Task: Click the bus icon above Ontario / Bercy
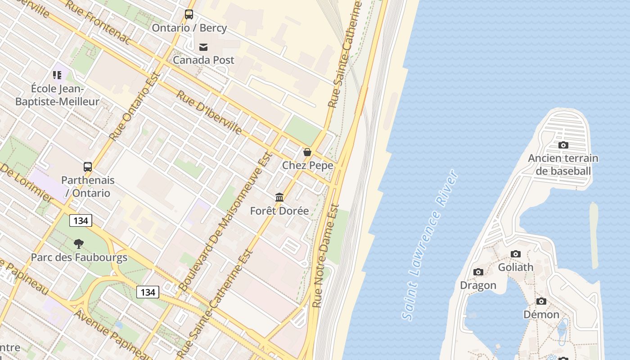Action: coord(189,14)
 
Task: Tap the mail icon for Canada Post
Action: coord(203,47)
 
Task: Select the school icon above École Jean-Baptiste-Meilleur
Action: coord(57,75)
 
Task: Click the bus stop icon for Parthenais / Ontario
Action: coord(88,167)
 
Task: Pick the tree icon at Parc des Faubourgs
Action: coord(79,244)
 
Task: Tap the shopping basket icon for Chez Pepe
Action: coord(307,152)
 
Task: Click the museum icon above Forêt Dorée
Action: coord(279,198)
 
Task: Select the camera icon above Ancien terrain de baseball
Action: coord(563,145)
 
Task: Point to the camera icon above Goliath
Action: coord(516,254)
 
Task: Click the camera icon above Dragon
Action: coord(478,272)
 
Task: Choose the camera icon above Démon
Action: coord(541,301)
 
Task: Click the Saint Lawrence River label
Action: coord(431,245)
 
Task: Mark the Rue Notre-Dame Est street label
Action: coord(326,256)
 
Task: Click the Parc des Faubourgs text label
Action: coord(79,258)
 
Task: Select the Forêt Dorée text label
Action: coord(279,211)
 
